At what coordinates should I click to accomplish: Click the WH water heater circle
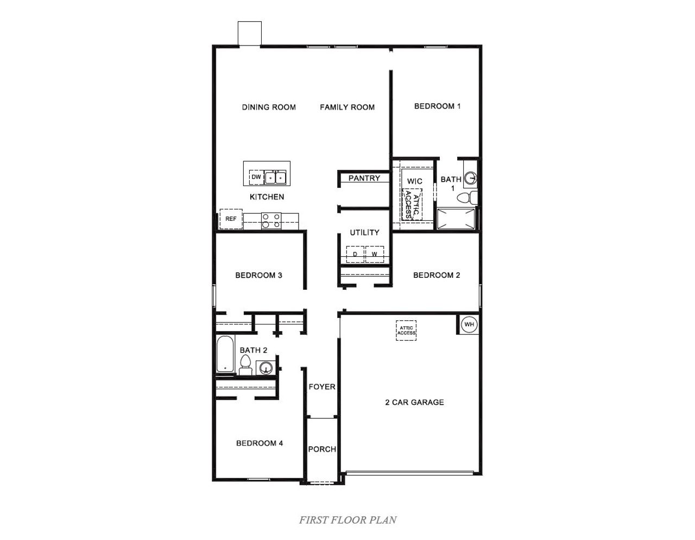tap(469, 325)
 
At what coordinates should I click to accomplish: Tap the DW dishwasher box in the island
tap(256, 177)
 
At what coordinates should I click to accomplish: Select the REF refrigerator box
tap(231, 219)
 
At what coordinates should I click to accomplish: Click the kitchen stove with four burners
tap(271, 220)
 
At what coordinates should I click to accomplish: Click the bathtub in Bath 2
tap(225, 354)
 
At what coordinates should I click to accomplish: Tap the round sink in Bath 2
tap(266, 368)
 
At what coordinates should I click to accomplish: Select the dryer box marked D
tap(355, 254)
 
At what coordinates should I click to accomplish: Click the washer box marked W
tap(374, 254)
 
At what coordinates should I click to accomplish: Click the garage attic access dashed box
tap(406, 330)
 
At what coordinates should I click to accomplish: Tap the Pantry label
tap(364, 178)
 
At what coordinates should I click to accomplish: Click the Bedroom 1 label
tap(437, 106)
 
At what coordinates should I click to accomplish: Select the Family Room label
tap(347, 107)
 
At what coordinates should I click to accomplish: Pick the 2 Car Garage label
tap(414, 402)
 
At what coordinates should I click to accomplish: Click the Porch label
tap(322, 449)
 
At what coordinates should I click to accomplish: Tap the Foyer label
tap(322, 387)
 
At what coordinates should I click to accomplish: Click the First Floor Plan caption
tap(347, 520)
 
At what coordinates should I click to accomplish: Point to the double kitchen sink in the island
tap(275, 177)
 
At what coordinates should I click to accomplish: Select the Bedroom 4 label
tap(260, 443)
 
